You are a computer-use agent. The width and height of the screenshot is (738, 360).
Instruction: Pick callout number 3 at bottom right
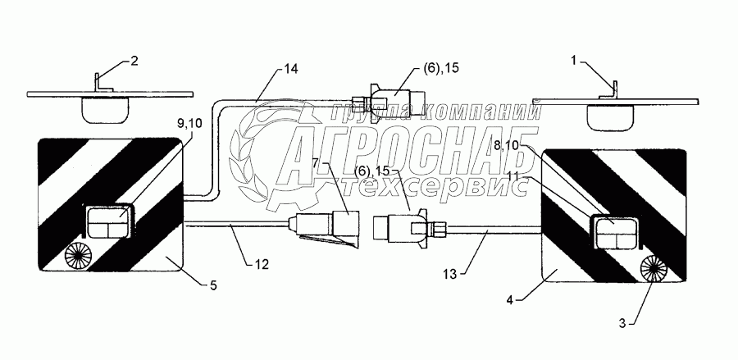point(623,322)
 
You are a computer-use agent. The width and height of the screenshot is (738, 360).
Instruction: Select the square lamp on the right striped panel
point(614,233)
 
